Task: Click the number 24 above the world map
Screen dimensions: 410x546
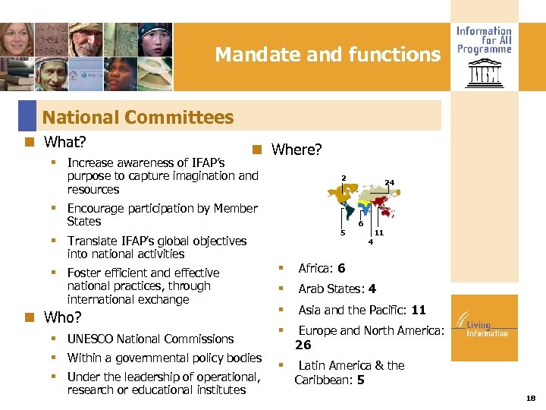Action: click(389, 182)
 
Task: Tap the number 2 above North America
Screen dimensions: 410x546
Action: click(343, 178)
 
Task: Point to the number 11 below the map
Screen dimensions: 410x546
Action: click(378, 233)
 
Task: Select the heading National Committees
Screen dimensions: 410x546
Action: click(138, 117)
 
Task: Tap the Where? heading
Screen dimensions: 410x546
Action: click(297, 150)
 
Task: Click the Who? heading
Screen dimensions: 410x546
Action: click(63, 317)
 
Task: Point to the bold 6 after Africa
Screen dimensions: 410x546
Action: click(341, 268)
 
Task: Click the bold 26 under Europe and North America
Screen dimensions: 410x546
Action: click(303, 345)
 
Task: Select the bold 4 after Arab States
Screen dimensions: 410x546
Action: click(372, 289)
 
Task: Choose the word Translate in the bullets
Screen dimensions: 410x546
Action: click(91, 241)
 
